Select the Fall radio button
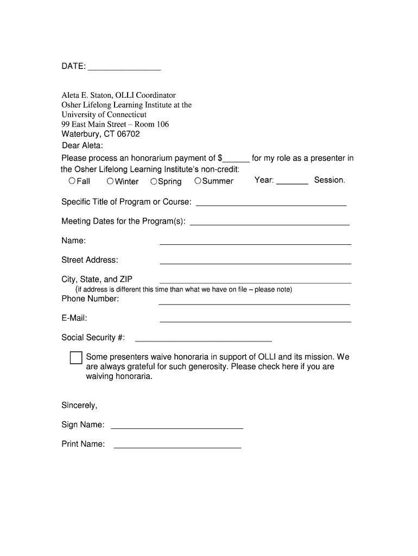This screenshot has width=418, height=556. click(72, 181)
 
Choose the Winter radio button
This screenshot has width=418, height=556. click(110, 181)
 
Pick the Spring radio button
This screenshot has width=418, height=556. click(154, 181)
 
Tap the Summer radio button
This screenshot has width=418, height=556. click(198, 181)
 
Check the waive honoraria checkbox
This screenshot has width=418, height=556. click(76, 358)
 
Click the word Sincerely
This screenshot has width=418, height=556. click(79, 406)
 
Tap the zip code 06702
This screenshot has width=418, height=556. click(125, 134)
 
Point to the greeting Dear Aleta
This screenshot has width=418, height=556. click(82, 146)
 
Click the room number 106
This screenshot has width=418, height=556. click(162, 124)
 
